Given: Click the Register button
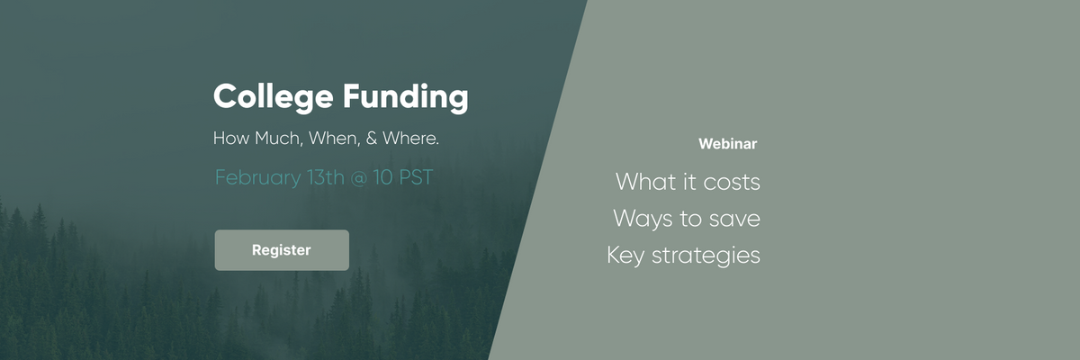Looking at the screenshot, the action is pos(282,250).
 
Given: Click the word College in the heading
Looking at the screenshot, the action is pos(274,98).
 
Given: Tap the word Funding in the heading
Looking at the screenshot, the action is pos(406,98).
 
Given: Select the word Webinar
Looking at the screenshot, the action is pos(727,144).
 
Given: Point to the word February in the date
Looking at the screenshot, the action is pos(258,178).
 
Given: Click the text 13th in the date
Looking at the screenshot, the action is pos(326,177).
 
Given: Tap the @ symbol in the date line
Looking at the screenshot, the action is pos(359,178).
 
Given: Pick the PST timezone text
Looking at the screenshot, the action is pos(416,177).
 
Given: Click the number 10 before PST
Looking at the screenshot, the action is pos(382,177).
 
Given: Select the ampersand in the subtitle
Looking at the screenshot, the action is pos(371,139).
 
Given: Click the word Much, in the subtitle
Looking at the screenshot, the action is pos(279,139).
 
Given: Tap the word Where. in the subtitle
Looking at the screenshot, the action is pos(410,139).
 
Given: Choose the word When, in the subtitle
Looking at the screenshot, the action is pos(335,139).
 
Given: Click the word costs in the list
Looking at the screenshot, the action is pos(732,182).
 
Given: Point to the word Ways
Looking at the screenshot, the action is pos(643,220).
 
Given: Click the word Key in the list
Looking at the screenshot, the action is pos(625,256).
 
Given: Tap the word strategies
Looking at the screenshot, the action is pos(706,256).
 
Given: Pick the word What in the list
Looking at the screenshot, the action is pos(645,182).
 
